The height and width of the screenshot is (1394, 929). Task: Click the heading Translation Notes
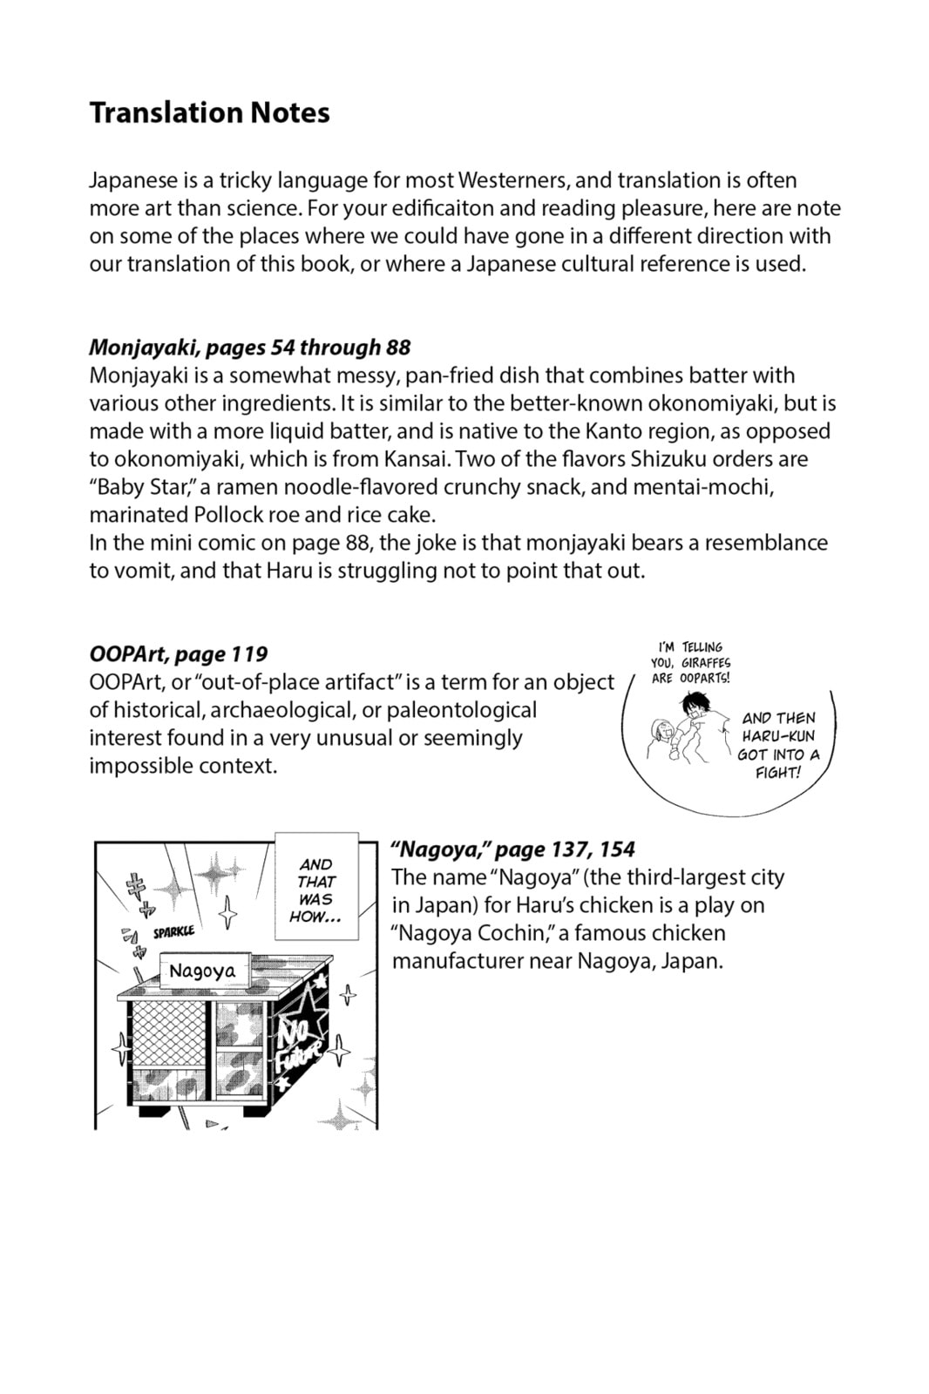(x=209, y=113)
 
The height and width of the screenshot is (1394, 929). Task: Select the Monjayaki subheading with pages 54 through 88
(x=249, y=347)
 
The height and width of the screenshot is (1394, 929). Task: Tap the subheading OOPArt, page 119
(x=178, y=653)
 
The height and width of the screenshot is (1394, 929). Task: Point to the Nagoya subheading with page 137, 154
(x=513, y=849)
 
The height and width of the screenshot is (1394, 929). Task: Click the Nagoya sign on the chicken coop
(x=202, y=971)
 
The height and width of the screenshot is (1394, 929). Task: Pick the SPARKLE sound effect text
(x=173, y=932)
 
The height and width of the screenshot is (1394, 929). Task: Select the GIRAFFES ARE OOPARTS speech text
(x=690, y=662)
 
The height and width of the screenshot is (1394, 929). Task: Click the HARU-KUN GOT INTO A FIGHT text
(x=778, y=745)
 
